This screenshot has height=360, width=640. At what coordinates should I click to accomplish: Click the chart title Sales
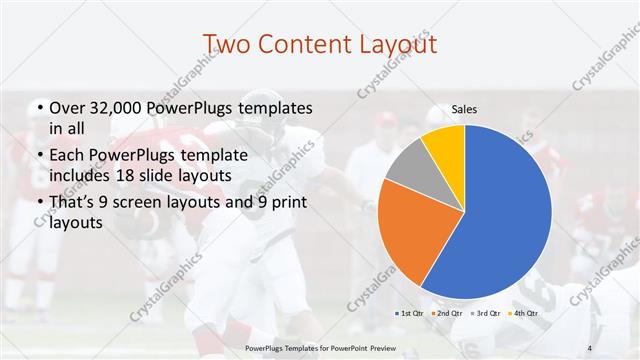464,109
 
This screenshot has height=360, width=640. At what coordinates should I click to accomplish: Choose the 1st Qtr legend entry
410,313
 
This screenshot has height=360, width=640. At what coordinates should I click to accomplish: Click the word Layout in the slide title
393,45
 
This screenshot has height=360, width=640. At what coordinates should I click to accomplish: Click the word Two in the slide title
228,45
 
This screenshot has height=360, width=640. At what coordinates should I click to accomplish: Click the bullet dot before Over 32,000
39,108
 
